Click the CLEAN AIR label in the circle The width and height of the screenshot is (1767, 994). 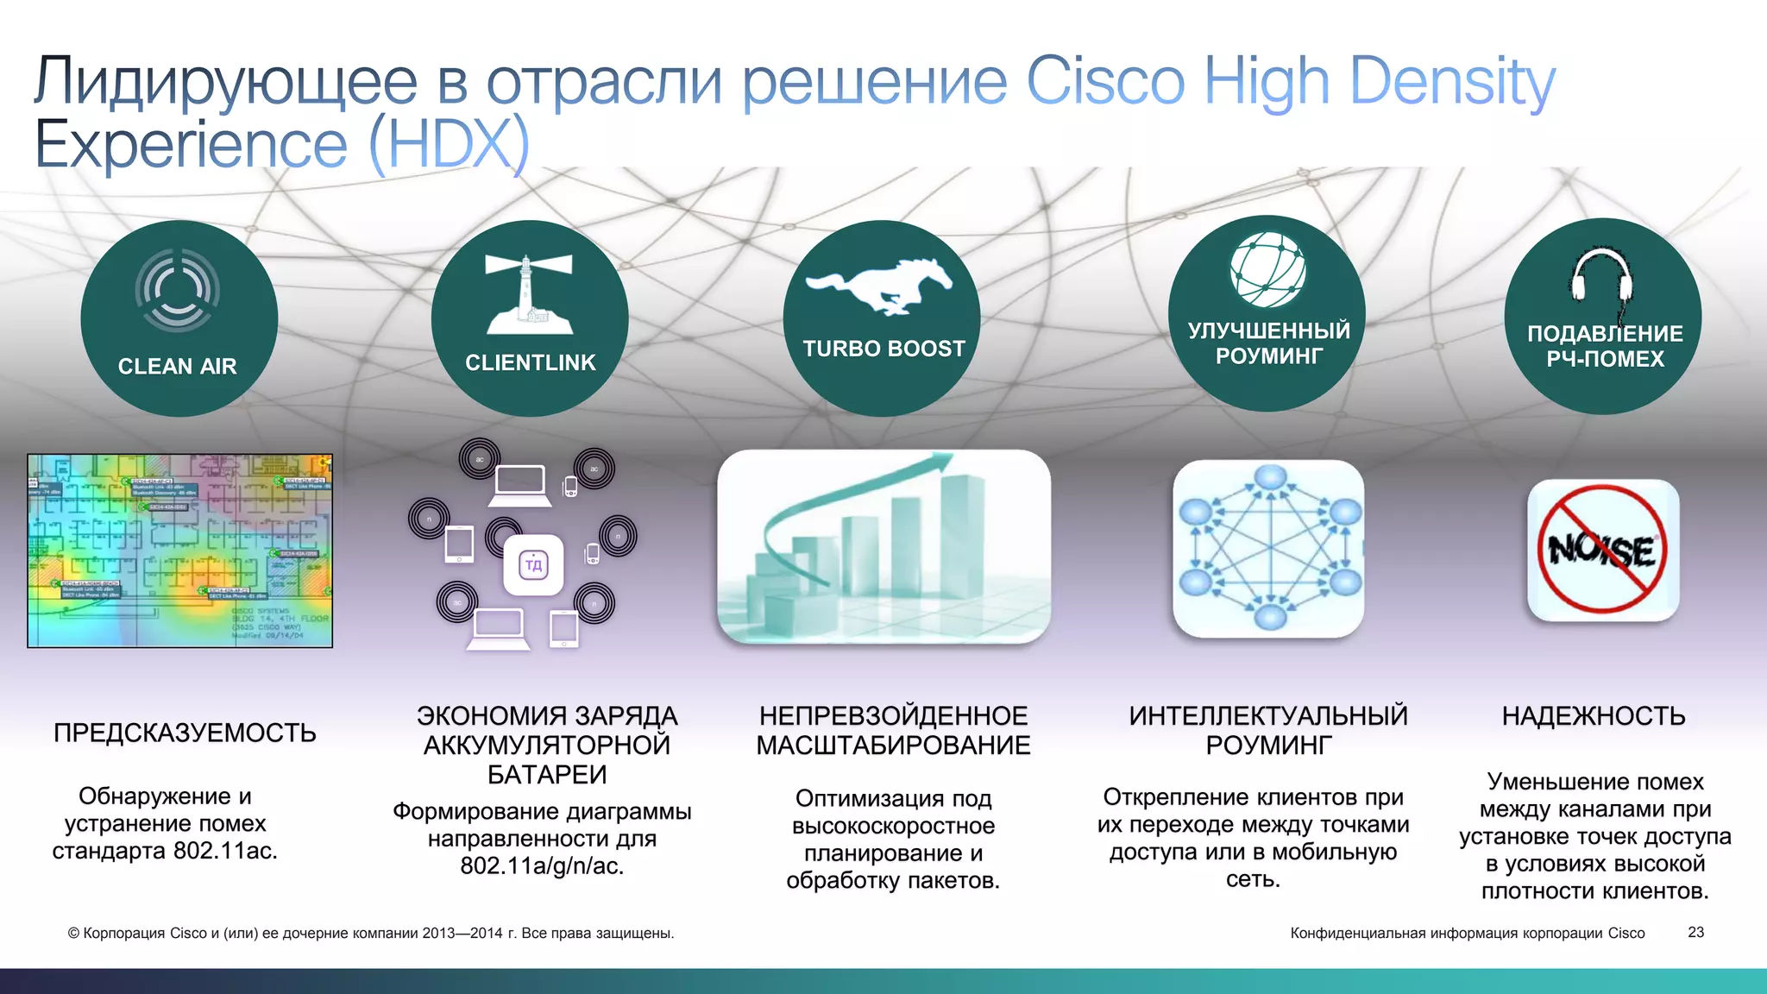177,367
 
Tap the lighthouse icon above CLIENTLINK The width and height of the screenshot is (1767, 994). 529,294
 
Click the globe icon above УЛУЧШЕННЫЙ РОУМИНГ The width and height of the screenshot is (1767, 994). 1267,270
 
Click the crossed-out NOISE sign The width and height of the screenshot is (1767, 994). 1602,550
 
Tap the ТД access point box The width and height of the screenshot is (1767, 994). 533,565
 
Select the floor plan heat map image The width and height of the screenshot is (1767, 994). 179,550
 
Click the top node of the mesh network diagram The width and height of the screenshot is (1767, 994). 1270,478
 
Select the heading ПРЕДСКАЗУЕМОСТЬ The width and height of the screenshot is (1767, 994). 185,733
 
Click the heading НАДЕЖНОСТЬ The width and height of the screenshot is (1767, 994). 1593,716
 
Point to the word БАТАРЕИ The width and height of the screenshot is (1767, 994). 547,775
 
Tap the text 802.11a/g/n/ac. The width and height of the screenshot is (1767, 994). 542,865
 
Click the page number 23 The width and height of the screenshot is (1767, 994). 1695,933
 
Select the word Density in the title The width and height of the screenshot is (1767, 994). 1452,82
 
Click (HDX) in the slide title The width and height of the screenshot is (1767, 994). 449,145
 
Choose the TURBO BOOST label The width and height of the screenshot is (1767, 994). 883,349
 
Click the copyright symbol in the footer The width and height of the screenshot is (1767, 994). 73,934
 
